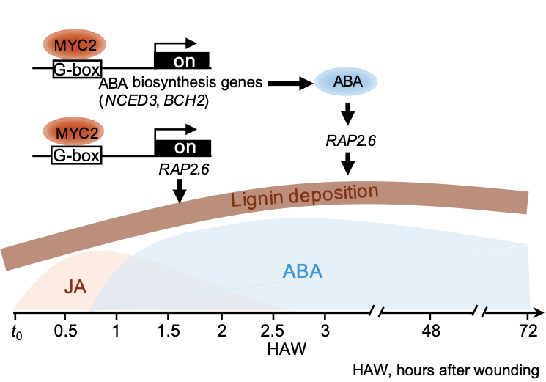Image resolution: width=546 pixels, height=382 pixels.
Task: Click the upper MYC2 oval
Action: click(77, 46)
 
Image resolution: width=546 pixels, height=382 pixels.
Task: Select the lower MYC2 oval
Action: click(77, 133)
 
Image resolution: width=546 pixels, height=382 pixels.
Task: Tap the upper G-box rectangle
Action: click(76, 70)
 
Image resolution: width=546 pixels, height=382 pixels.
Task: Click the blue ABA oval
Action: click(347, 82)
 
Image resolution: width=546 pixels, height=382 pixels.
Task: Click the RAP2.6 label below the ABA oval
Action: click(350, 140)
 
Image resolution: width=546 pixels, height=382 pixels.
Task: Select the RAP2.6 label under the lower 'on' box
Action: click(184, 169)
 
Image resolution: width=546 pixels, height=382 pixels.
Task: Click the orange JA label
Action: click(74, 284)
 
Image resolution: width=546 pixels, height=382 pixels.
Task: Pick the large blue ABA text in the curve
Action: click(303, 272)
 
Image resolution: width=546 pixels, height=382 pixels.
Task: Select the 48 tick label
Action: click(431, 330)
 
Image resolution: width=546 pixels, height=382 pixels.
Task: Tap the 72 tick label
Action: click(528, 330)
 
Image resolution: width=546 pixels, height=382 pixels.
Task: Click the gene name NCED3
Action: click(127, 100)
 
